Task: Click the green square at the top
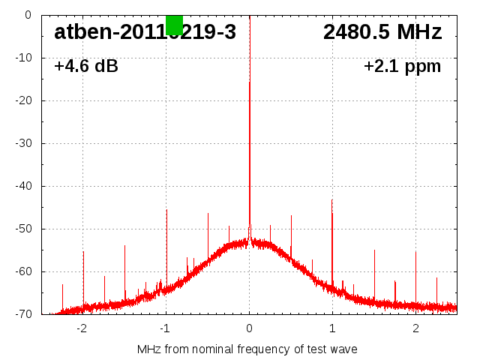pos(174,25)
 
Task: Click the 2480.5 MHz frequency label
pos(382,32)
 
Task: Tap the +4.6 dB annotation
pos(86,66)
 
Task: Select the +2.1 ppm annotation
pos(402,66)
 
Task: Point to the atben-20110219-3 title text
pos(145,32)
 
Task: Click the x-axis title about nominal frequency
pos(247,349)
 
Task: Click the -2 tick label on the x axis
pos(82,328)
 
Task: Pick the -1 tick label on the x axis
pos(165,328)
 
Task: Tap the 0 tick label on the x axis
pos(250,328)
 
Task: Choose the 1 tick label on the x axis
pos(332,328)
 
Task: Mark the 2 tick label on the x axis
pos(415,328)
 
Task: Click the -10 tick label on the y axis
pos(25,58)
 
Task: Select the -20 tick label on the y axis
pos(25,100)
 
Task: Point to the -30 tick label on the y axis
pos(25,143)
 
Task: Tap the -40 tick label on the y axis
pos(25,186)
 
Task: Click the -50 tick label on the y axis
pos(25,229)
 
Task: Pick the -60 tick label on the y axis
pos(25,271)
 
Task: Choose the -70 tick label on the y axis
pos(25,314)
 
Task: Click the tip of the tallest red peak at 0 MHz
pos(250,82)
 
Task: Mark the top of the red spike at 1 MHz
pos(332,200)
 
